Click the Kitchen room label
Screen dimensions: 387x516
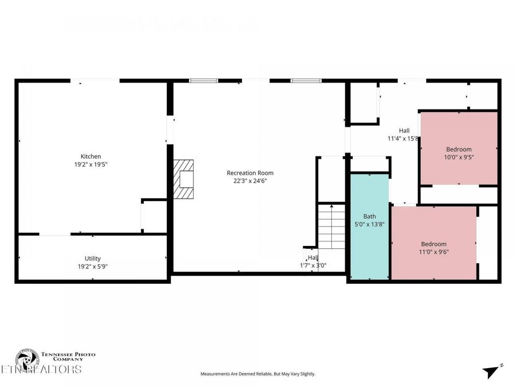tap(91, 157)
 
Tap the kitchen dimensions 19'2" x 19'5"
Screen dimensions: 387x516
tap(91, 165)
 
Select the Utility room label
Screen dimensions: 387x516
tap(92, 259)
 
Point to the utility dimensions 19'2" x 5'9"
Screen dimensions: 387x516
tap(92, 267)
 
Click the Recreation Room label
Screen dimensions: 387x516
tap(250, 173)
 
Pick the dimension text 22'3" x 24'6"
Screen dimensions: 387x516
tap(250, 181)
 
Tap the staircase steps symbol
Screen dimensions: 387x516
tap(331, 226)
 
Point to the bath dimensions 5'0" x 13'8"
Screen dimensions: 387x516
tap(369, 225)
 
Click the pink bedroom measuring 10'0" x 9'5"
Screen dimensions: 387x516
tap(459, 148)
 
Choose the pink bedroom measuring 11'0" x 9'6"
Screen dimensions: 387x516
tap(433, 244)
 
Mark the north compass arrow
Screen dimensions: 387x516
tap(491, 371)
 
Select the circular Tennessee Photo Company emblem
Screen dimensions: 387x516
tap(26, 359)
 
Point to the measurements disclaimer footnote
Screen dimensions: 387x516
tap(257, 374)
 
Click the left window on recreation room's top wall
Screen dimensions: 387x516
tap(204, 81)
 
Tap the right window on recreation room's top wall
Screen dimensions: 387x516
tap(305, 81)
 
